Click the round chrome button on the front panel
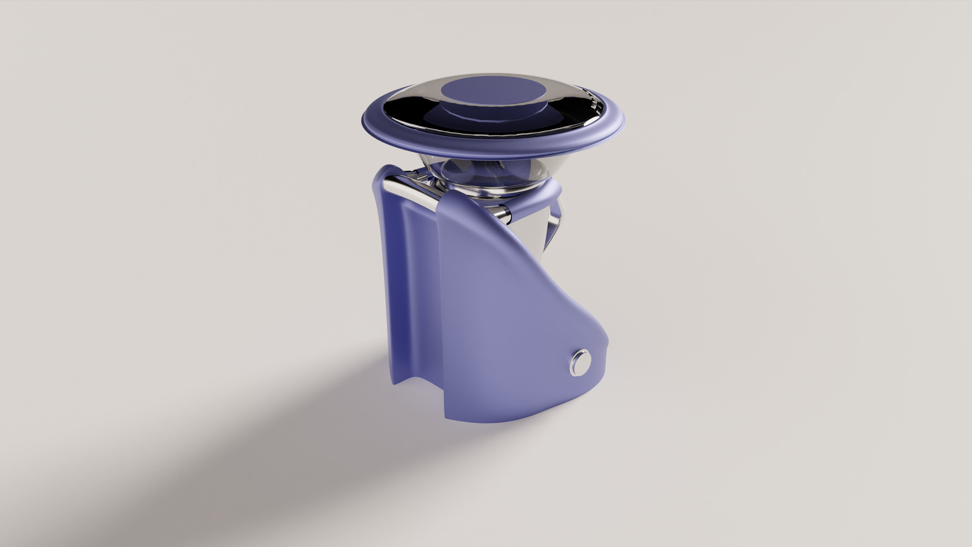(580, 362)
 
